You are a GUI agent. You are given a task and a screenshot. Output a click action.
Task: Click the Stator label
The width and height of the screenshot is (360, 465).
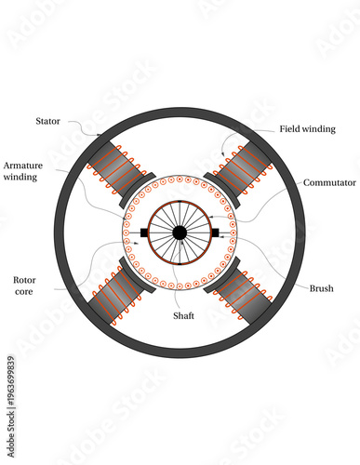coord(48,121)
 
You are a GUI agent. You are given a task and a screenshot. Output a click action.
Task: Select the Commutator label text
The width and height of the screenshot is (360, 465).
coord(329,183)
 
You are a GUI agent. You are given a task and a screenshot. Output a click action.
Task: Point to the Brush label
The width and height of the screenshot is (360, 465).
coord(322,288)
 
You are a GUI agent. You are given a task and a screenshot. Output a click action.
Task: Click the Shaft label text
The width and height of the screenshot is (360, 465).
coord(183,315)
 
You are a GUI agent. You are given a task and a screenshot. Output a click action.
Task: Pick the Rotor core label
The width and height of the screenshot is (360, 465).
coord(25,286)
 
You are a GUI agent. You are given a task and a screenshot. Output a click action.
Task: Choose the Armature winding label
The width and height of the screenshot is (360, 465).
coord(22,170)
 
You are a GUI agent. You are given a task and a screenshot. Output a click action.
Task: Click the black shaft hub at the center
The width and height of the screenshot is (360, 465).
coord(180,232)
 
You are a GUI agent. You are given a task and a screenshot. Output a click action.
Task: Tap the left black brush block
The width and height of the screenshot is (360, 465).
coord(143,232)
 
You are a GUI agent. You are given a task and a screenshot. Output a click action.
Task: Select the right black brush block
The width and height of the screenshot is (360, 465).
coord(216,232)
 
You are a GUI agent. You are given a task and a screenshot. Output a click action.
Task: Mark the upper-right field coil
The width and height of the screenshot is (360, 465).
coord(244,166)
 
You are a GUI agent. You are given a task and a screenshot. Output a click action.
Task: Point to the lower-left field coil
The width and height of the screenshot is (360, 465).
coord(115,298)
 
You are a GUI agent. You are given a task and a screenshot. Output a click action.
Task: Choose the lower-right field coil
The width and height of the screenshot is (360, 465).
coord(244,298)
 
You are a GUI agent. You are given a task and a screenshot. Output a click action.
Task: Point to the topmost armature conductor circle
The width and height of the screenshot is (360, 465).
coord(180,179)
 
